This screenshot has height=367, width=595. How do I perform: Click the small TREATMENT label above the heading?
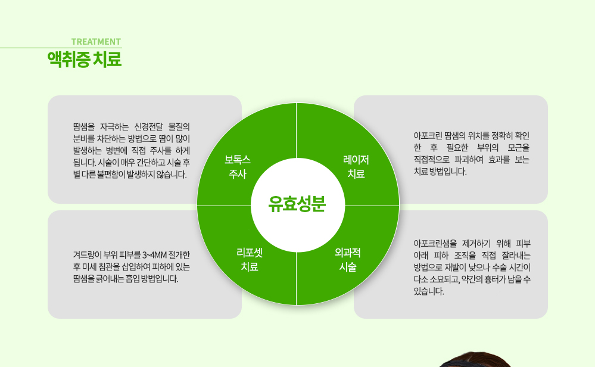tap(96, 42)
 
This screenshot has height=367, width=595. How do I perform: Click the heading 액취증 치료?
tap(85, 60)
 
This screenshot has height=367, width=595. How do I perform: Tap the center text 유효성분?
tap(297, 204)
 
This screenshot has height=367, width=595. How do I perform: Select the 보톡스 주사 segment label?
tap(238, 167)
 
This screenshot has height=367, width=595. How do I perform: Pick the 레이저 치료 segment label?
tap(356, 167)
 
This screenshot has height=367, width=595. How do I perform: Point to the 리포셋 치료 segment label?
tap(250, 260)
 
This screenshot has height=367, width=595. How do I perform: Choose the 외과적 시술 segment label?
tap(348, 260)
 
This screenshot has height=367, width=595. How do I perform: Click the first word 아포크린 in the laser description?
tap(428, 135)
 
